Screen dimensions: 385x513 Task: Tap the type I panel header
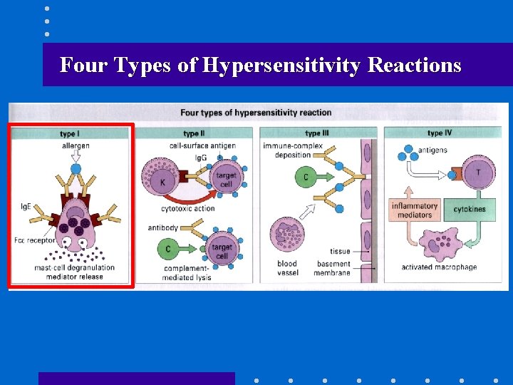click(x=70, y=134)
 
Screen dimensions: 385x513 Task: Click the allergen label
click(x=76, y=146)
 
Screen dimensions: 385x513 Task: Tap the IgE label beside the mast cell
click(x=26, y=207)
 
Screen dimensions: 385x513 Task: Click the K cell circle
click(x=162, y=181)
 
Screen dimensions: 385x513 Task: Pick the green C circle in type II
click(x=168, y=249)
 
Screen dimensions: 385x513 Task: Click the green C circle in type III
click(x=306, y=176)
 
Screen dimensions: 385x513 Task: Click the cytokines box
click(x=470, y=210)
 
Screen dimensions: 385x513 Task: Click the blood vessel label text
click(x=287, y=268)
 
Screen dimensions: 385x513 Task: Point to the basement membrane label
click(x=333, y=268)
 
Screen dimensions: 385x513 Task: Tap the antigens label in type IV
click(x=432, y=150)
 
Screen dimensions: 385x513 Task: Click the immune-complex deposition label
click(x=293, y=150)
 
